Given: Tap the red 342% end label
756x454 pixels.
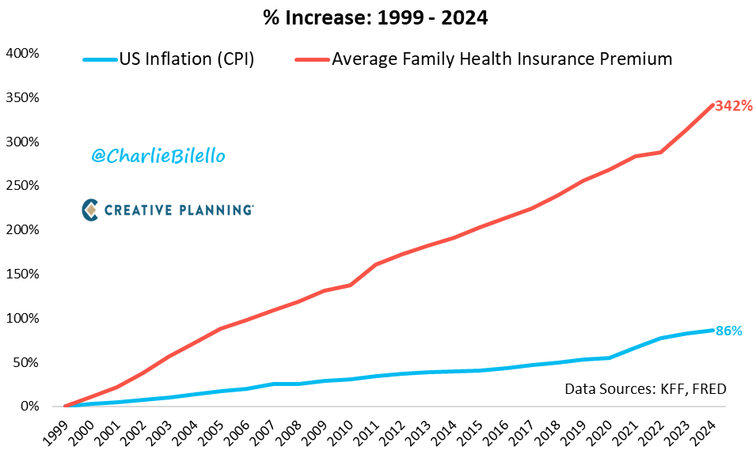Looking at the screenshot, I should click(733, 105).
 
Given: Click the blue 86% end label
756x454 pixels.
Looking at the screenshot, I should click(728, 331).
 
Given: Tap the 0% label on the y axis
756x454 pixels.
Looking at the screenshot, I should click(29, 407).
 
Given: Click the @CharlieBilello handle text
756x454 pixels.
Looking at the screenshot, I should click(158, 157).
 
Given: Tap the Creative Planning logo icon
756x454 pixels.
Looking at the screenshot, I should click(90, 210).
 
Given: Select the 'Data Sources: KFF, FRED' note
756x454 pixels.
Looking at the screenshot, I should click(645, 388).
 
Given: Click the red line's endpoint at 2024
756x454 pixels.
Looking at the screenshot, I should click(713, 104).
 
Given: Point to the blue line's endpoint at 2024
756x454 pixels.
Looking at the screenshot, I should click(713, 330).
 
